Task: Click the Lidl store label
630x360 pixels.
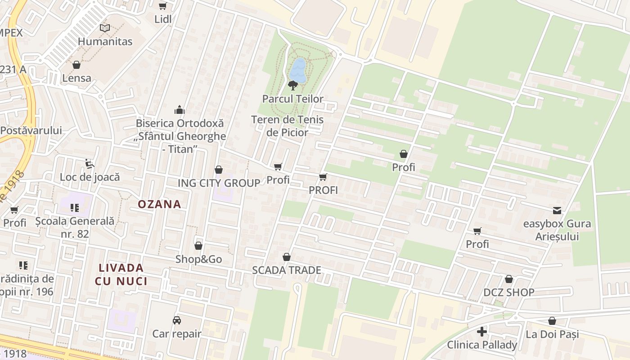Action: point(163,19)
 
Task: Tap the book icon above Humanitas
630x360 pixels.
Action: point(105,28)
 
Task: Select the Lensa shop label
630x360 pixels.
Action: point(77,78)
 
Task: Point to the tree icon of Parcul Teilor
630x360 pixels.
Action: point(293,85)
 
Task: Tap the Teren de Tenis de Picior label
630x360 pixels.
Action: point(287,126)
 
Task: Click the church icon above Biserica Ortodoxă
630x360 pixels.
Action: point(180,110)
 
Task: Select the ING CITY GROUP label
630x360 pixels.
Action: point(219,183)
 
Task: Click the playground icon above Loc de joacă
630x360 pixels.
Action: point(90,164)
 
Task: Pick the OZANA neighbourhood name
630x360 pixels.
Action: point(159,204)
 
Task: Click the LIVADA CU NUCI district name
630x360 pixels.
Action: point(121,274)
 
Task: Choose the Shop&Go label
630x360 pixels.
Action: point(198,259)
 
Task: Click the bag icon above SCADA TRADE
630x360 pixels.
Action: point(287,257)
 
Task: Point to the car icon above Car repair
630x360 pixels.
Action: point(177,320)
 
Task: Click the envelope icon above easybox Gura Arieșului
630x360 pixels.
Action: point(557,210)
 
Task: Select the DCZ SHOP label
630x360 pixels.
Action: point(509,292)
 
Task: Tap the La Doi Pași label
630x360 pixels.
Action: point(552,334)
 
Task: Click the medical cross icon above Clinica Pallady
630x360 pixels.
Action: point(482,332)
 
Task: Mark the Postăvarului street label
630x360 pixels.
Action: point(31,130)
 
